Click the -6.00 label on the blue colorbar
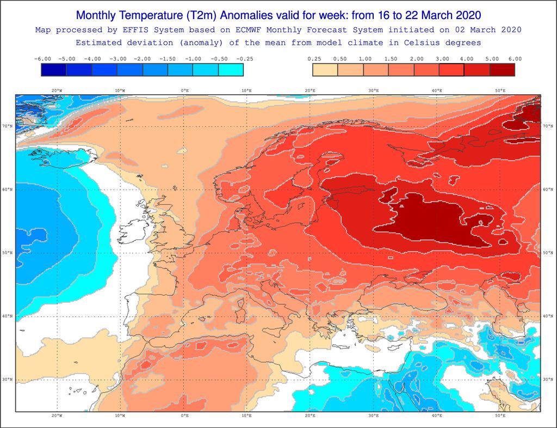click(x=42, y=59)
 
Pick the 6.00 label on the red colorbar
click(x=515, y=59)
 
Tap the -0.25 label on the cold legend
click(x=244, y=59)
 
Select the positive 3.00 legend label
click(x=438, y=59)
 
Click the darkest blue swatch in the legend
click(x=53, y=70)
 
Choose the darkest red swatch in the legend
click(x=502, y=70)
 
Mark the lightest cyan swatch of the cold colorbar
click(x=231, y=70)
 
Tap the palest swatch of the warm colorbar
click(x=325, y=70)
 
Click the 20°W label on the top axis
click(x=56, y=90)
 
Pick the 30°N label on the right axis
click(x=548, y=380)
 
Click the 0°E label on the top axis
click(x=184, y=90)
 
